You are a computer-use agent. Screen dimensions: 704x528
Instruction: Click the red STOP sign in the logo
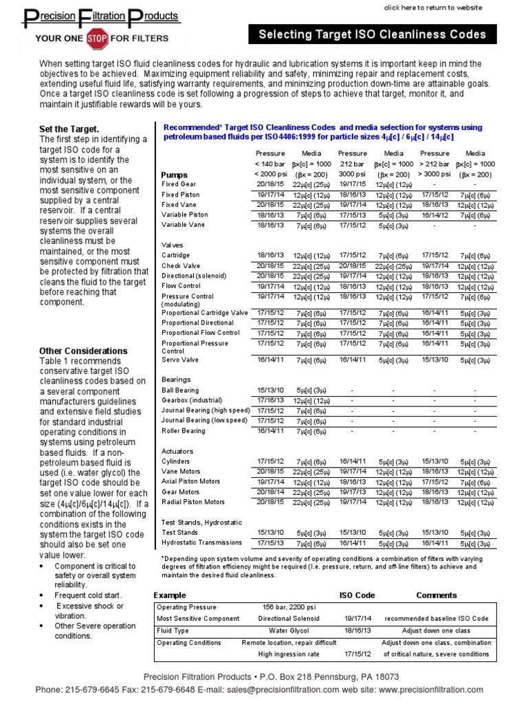(x=94, y=40)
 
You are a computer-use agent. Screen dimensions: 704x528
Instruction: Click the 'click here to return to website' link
(x=433, y=8)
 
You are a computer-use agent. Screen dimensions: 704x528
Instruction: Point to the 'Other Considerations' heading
(x=83, y=351)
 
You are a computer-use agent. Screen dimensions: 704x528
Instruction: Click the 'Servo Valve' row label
(x=180, y=360)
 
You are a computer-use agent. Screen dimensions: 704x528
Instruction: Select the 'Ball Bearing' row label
(x=179, y=390)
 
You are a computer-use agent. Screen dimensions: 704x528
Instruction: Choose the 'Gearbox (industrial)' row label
(x=190, y=400)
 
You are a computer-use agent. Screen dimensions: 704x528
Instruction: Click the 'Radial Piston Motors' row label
(x=193, y=502)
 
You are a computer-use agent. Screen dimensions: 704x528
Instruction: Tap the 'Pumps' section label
(x=174, y=175)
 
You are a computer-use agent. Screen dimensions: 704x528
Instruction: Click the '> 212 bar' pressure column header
(x=434, y=164)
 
